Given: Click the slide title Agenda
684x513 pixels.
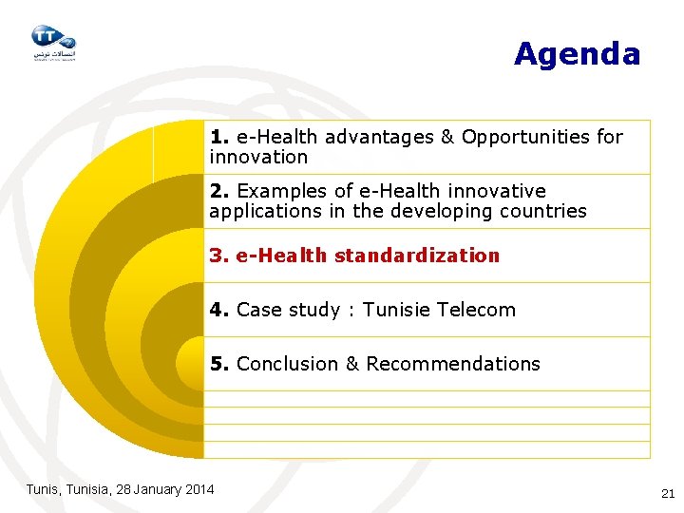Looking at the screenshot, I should tap(577, 54).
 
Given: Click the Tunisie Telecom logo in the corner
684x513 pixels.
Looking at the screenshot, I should tap(52, 42).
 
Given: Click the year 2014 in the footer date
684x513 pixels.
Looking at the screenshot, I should tap(199, 489).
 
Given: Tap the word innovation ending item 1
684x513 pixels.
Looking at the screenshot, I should tap(258, 157).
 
